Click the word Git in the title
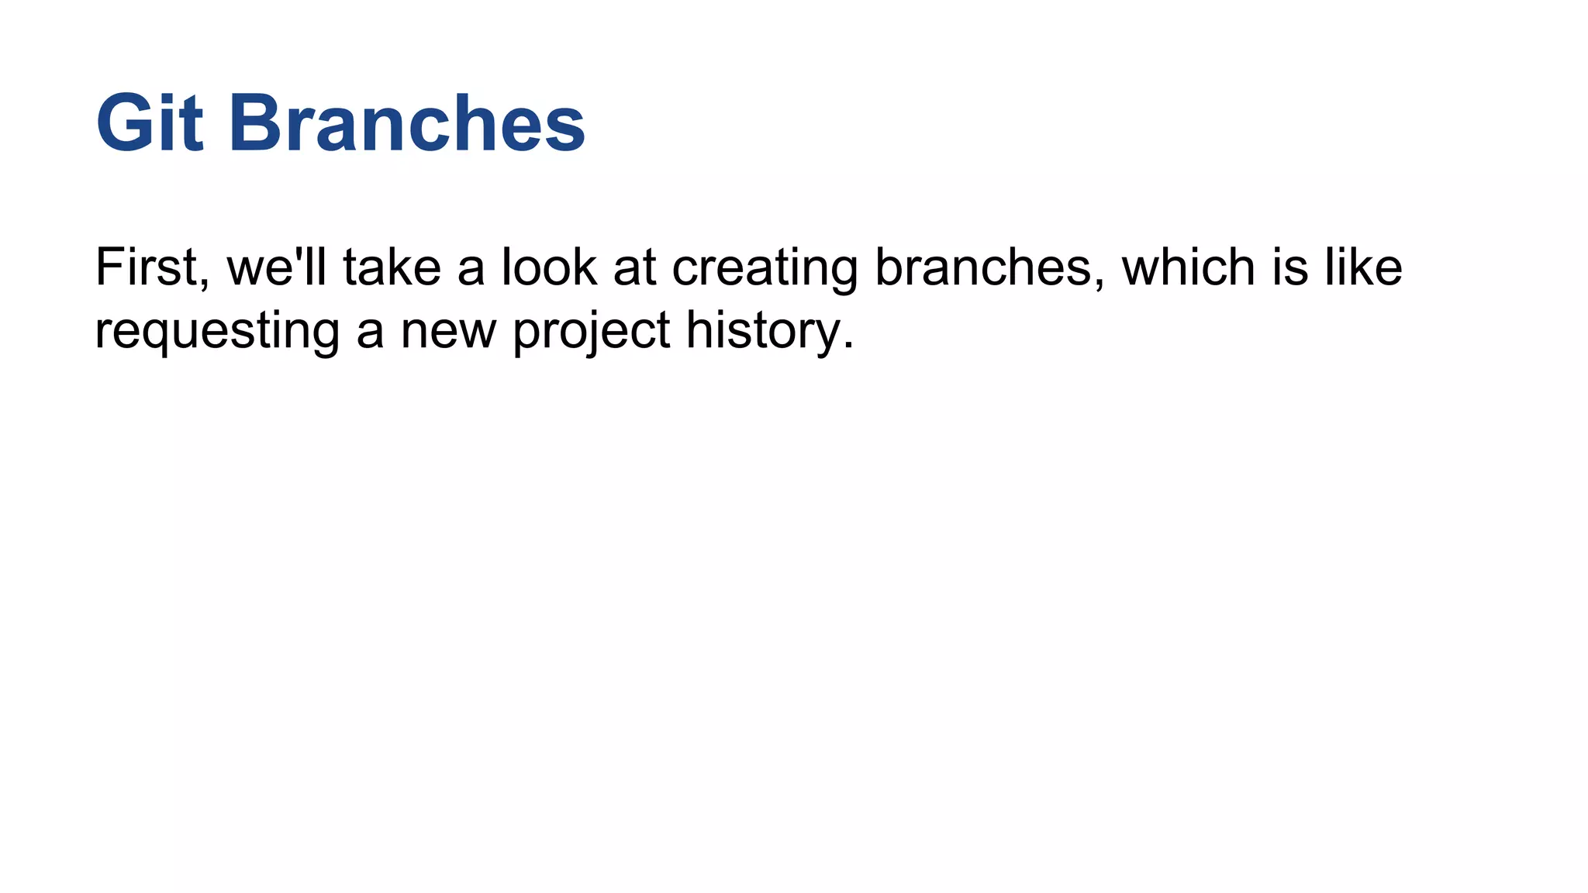(x=150, y=124)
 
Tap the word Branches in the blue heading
(x=407, y=124)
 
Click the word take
(x=392, y=267)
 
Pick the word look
(x=550, y=267)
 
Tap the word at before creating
(x=634, y=267)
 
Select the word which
(x=1188, y=267)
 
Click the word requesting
(x=217, y=332)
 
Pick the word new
(x=447, y=332)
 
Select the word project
(x=591, y=332)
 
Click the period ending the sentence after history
(x=848, y=346)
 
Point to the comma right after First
(x=204, y=284)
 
